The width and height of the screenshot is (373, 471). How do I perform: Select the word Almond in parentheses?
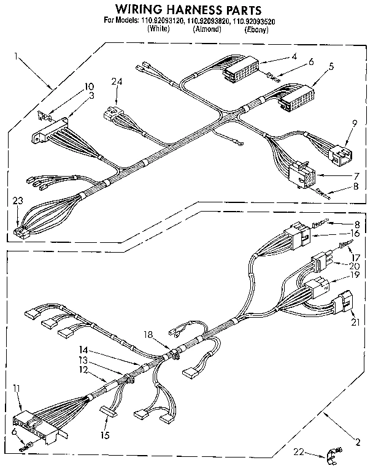(207, 29)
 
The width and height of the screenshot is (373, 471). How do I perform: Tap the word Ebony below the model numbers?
(256, 29)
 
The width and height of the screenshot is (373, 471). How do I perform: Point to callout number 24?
(117, 81)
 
